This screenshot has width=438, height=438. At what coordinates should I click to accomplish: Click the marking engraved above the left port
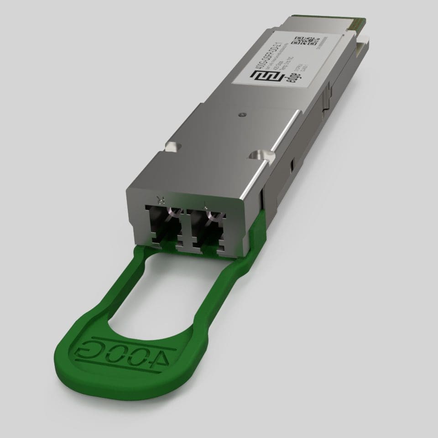tap(159, 199)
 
